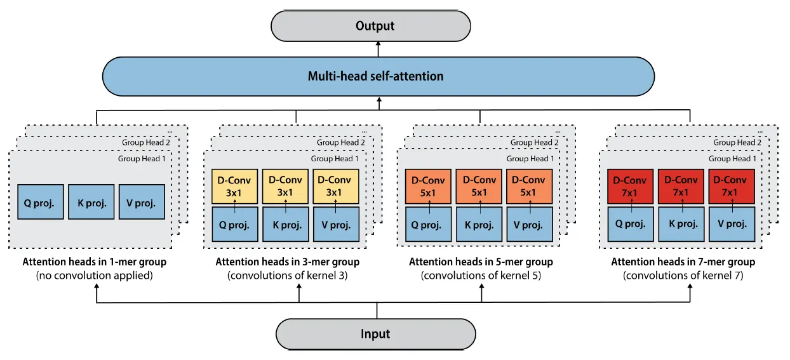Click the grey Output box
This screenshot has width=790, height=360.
click(371, 26)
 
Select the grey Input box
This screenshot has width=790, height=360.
click(375, 334)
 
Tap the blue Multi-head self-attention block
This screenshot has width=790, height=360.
click(378, 76)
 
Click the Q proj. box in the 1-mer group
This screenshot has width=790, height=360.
click(41, 202)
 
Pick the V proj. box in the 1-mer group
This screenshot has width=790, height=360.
click(142, 202)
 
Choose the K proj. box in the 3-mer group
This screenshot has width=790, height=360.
click(285, 224)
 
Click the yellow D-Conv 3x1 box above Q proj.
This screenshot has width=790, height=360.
click(234, 187)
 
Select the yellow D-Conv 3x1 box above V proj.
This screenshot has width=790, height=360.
click(336, 187)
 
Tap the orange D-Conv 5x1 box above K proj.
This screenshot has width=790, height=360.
click(479, 187)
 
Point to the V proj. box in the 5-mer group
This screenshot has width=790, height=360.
click(530, 224)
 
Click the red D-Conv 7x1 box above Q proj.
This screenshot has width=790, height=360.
click(631, 187)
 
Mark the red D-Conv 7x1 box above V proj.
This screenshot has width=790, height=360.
click(732, 187)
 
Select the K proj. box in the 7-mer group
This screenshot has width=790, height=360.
click(681, 224)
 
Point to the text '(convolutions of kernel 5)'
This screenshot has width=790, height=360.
click(481, 276)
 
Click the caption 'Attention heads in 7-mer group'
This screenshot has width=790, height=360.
click(683, 262)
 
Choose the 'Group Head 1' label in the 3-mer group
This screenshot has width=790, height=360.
click(334, 159)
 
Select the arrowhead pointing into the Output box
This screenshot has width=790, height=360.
click(378, 44)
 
